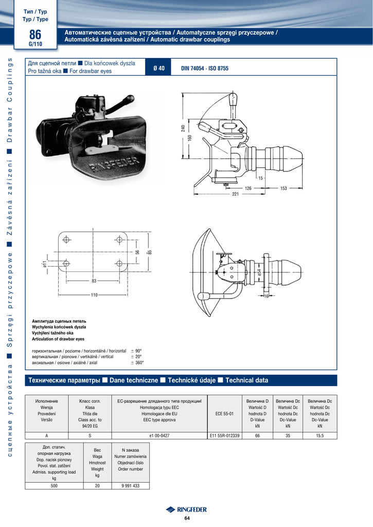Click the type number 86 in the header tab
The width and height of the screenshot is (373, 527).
click(35, 34)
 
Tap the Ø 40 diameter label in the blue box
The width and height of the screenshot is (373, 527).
click(159, 68)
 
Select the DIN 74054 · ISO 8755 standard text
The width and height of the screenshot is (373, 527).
click(205, 68)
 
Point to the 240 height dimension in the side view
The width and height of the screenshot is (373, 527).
click(183, 128)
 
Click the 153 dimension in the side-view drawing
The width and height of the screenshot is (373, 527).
click(283, 188)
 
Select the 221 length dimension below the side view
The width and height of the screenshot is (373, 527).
click(235, 194)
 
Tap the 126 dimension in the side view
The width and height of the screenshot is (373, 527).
click(248, 188)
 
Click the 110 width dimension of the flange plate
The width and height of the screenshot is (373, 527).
click(94, 295)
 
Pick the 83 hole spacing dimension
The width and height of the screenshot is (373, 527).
click(94, 281)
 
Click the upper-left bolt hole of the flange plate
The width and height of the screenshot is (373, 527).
click(66, 240)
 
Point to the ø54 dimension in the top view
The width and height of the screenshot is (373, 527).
click(259, 272)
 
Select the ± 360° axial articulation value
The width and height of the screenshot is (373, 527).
click(137, 363)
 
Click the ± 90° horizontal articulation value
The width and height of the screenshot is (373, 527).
click(136, 351)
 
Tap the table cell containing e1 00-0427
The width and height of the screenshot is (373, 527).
click(159, 435)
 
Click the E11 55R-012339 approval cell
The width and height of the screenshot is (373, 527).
click(224, 435)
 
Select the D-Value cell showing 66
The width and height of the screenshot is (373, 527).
click(257, 435)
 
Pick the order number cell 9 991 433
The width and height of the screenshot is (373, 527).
click(130, 486)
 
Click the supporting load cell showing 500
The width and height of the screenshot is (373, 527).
click(54, 486)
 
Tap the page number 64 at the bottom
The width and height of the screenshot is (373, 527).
click(187, 518)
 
